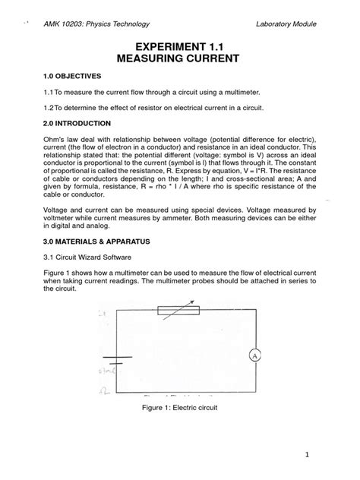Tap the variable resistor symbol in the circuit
178,309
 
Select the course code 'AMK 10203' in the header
65,24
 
